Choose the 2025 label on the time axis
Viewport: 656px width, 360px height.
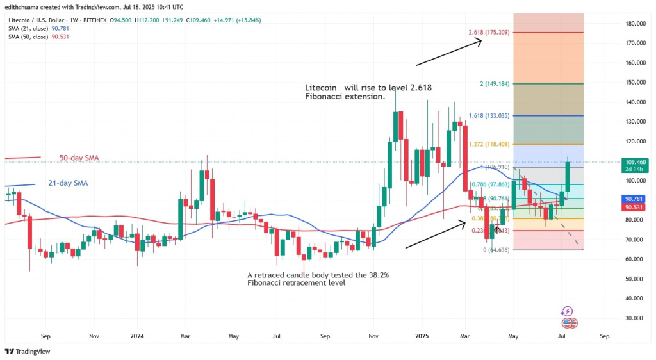[422, 335]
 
